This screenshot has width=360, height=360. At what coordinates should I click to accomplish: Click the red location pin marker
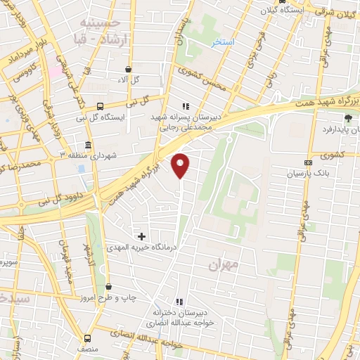tap(181, 165)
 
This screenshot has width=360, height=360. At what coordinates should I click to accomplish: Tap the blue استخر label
tap(224, 43)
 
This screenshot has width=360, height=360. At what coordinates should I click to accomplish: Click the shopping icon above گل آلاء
tap(127, 70)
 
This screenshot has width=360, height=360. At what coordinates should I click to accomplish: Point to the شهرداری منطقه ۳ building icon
tap(88, 146)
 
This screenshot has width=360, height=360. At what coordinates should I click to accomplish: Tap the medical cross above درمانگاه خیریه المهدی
tap(142, 236)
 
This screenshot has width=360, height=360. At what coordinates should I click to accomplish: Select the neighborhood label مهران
tap(224, 266)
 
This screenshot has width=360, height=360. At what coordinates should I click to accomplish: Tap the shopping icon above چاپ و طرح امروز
tap(108, 286)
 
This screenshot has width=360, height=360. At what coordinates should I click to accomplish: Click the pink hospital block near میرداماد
tap(54, 71)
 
